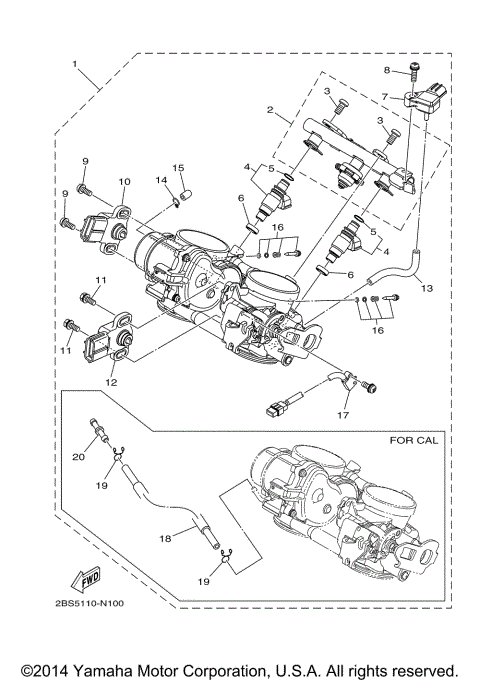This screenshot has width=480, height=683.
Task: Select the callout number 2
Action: click(x=270, y=110)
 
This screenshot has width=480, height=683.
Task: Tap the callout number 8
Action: click(x=387, y=69)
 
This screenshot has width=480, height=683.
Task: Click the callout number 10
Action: click(x=124, y=182)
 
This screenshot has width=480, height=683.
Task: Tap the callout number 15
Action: click(x=178, y=167)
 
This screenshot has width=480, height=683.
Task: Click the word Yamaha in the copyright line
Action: click(x=150, y=668)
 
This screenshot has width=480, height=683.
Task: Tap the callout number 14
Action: click(x=159, y=181)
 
